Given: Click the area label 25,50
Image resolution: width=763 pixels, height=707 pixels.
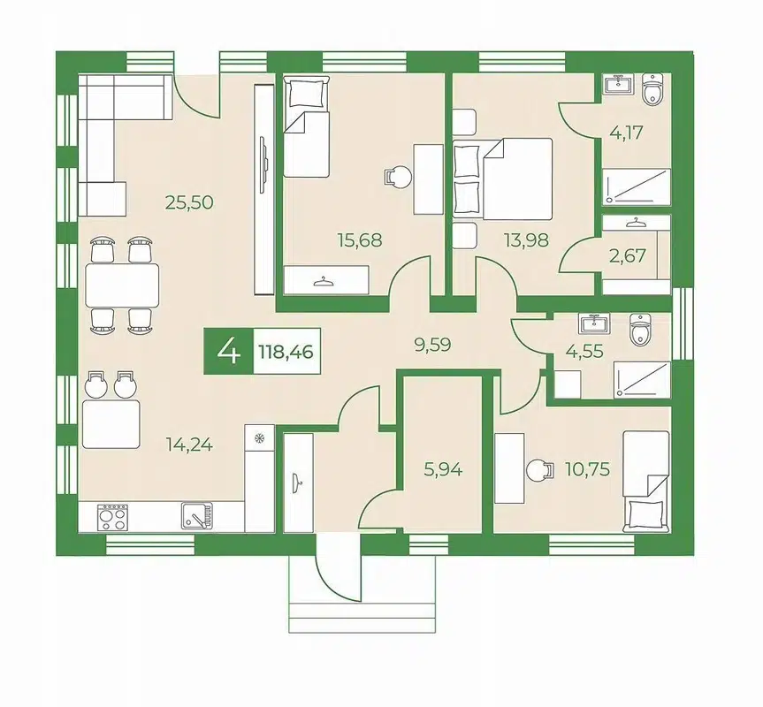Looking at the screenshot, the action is (x=189, y=201).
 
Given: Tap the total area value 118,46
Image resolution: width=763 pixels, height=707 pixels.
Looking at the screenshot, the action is (x=286, y=351).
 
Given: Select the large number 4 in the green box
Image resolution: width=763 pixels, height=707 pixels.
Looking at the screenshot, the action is (x=229, y=351).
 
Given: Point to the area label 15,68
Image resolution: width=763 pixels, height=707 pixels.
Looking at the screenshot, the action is (x=360, y=239).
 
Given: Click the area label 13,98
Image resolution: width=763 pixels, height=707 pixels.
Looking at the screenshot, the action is (x=527, y=239).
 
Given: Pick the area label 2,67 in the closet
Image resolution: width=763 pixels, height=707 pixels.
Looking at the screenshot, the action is (x=627, y=255).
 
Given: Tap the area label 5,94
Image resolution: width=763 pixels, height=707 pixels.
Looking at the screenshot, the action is (x=443, y=469).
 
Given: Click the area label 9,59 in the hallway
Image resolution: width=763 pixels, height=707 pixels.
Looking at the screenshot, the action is (x=432, y=345).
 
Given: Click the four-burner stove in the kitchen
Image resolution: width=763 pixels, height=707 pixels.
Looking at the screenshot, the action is (x=112, y=517).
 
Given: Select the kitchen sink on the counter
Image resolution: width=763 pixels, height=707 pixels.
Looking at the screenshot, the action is (x=197, y=515).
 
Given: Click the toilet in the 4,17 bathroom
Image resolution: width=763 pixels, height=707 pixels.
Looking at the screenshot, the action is (x=652, y=89).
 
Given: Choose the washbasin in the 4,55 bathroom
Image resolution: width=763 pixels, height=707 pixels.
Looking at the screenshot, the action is (x=593, y=323).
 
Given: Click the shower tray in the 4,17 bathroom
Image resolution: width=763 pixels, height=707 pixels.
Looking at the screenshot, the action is (x=637, y=186).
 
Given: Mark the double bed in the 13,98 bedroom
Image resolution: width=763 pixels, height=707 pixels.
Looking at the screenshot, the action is (x=503, y=178).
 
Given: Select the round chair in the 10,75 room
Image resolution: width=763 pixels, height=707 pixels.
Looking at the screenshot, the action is (x=540, y=471).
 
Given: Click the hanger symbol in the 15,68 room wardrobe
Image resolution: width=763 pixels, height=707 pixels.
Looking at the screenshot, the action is (x=320, y=281).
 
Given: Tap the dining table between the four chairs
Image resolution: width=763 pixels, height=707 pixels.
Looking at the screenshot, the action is (x=122, y=285).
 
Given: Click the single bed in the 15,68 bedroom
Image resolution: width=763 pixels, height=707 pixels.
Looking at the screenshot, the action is (x=306, y=126).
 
